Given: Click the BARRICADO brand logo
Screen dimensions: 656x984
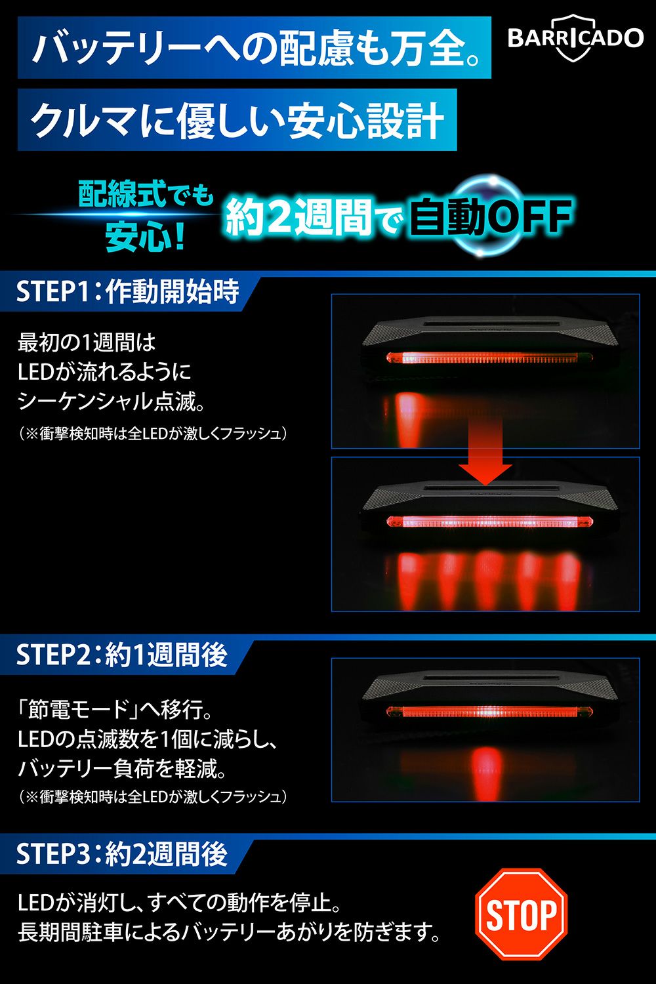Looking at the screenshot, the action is pos(575,38).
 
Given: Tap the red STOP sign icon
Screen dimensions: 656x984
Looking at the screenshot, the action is pos(521,914).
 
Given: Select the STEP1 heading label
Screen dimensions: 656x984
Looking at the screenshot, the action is pos(128,291).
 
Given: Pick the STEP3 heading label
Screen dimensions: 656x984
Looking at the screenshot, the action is pos(122,853).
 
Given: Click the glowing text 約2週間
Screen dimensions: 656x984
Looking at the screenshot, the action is pos(300,216).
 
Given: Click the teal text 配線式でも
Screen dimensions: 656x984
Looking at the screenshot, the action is pos(146,194).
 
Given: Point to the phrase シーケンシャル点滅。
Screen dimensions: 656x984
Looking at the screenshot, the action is pos(111,401).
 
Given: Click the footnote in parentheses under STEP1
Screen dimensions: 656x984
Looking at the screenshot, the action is pos(153,434).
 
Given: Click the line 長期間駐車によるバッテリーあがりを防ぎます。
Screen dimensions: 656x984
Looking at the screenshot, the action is pos(229,932).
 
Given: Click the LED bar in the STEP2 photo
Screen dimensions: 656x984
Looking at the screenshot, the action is pos(489,712).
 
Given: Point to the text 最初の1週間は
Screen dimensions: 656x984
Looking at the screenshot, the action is pos(87,342).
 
